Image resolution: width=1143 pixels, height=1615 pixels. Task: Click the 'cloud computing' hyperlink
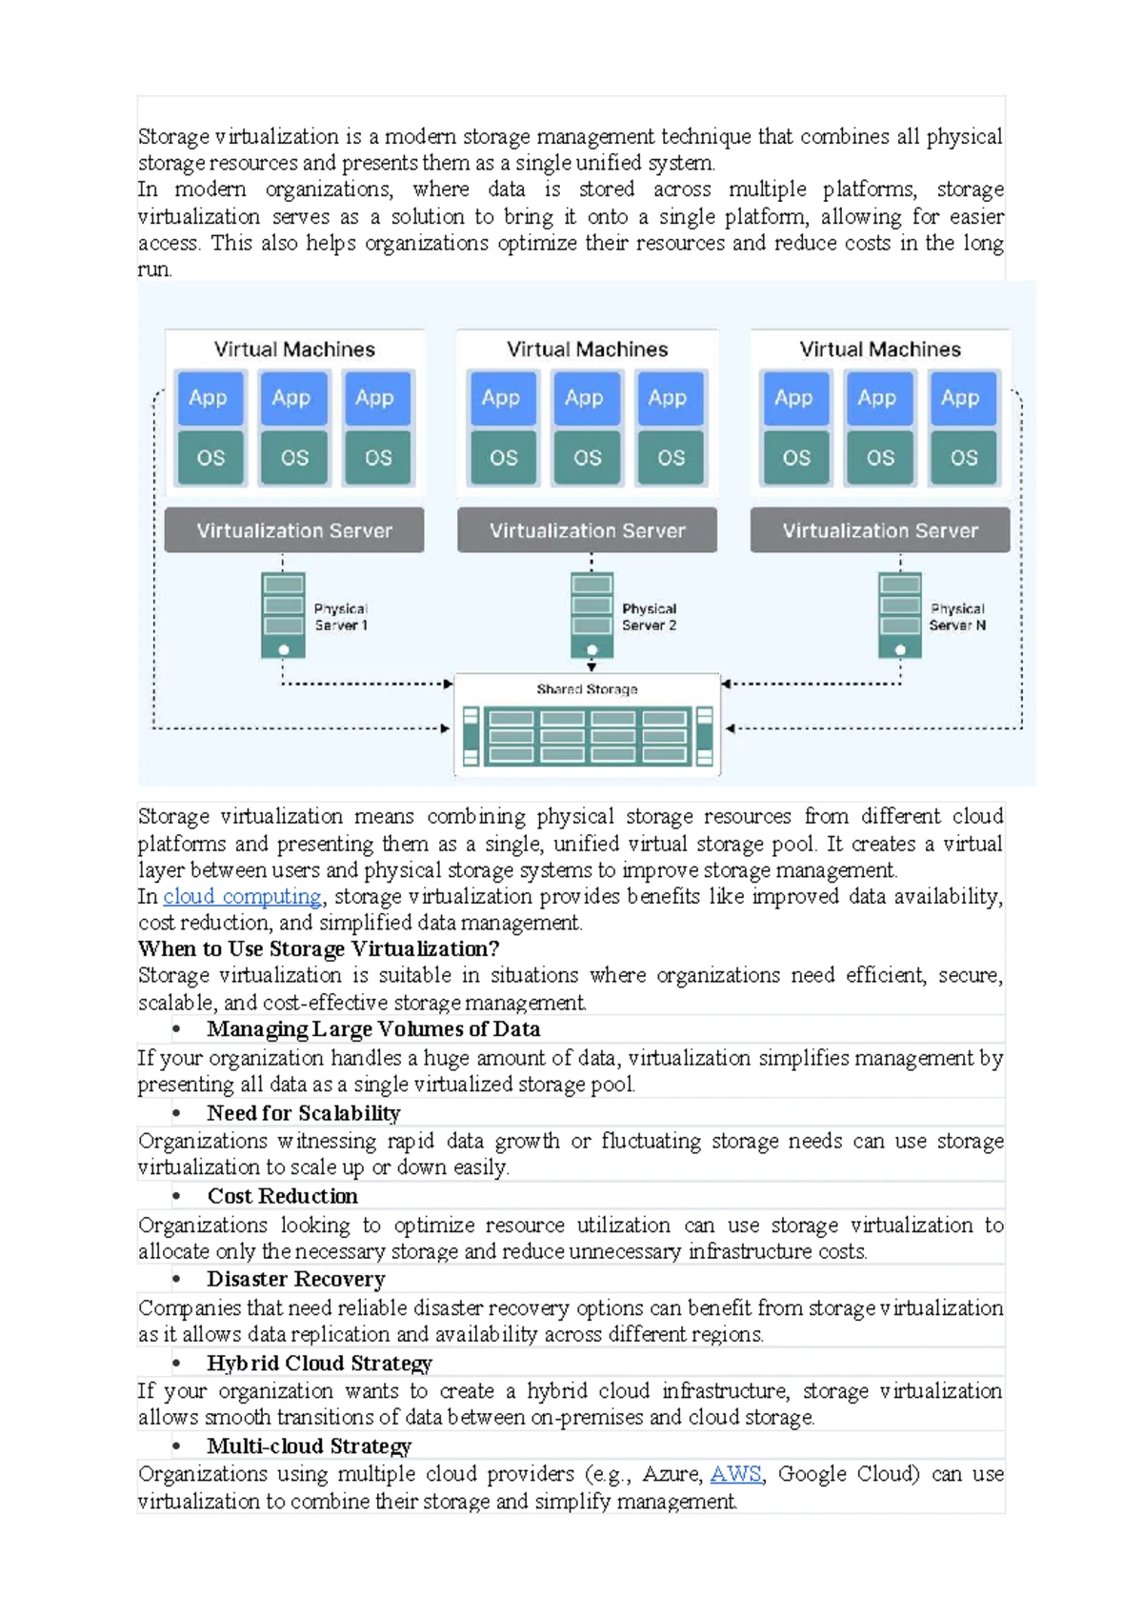tap(242, 896)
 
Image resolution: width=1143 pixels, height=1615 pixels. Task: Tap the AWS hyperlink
tap(735, 1474)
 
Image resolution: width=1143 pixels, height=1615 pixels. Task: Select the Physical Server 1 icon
tap(284, 615)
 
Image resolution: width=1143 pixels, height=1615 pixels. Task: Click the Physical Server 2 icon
tap(592, 615)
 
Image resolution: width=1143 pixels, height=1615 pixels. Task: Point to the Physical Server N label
tap(957, 617)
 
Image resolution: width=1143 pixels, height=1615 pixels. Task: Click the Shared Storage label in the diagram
tap(587, 689)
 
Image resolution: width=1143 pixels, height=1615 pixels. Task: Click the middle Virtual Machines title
tap(587, 349)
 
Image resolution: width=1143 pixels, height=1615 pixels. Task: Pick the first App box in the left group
tap(210, 398)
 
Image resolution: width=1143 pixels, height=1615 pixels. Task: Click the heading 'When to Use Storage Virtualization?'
tap(319, 948)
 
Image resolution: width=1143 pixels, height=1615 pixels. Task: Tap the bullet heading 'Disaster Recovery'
tap(296, 1280)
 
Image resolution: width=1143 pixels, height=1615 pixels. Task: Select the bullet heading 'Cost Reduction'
tap(283, 1196)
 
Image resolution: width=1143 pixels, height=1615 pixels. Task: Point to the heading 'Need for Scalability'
tap(304, 1113)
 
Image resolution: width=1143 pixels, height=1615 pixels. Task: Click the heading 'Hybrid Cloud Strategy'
tap(319, 1364)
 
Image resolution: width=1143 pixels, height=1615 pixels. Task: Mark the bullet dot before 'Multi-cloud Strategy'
tap(176, 1446)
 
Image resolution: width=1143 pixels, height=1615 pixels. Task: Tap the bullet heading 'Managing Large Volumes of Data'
tap(373, 1029)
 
